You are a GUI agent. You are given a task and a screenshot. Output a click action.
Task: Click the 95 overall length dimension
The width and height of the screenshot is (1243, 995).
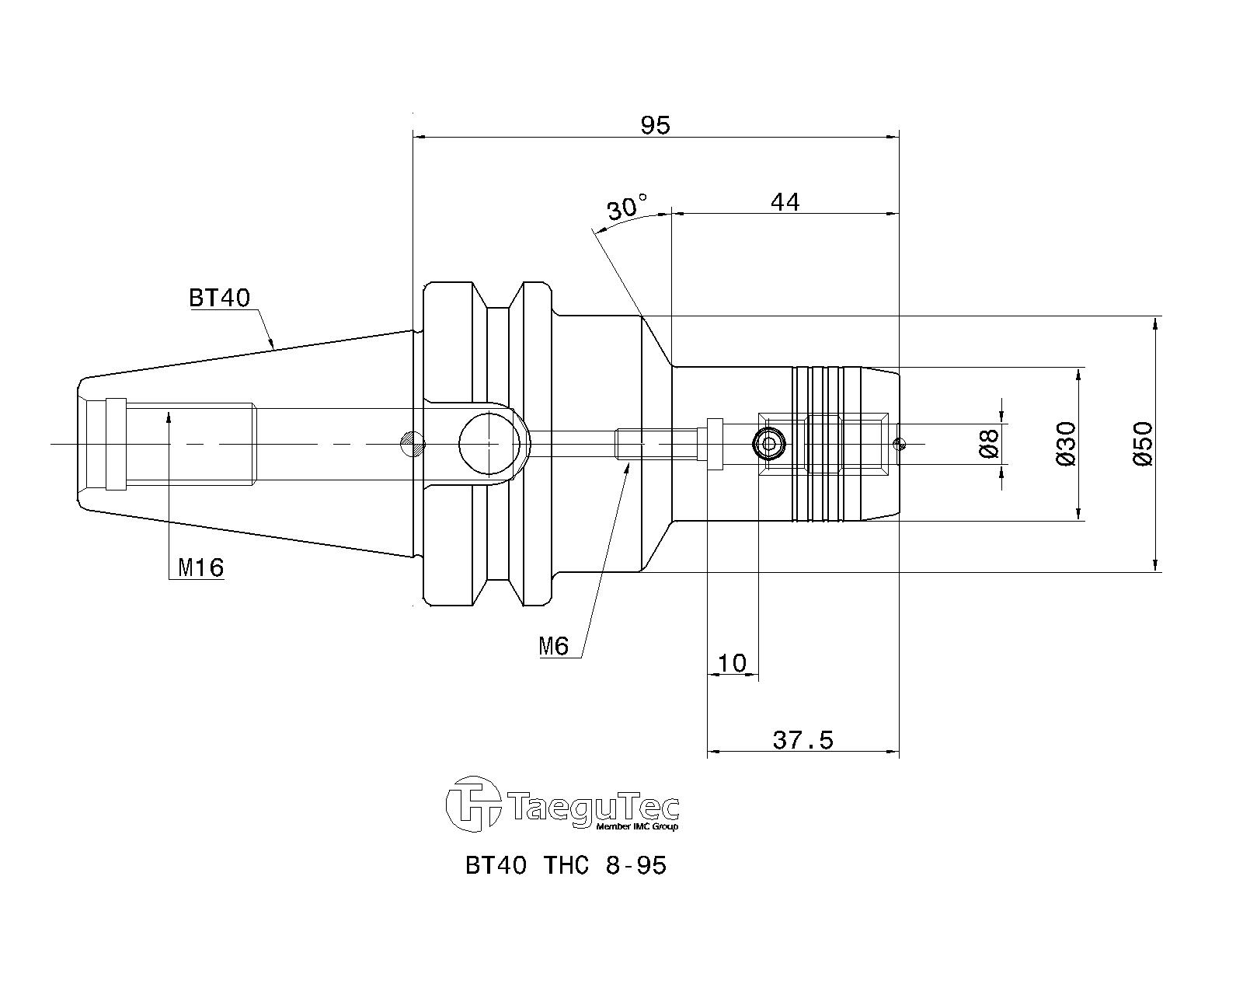pos(655,125)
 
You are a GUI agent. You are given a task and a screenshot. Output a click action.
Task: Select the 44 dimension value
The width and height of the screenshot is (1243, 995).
pos(785,202)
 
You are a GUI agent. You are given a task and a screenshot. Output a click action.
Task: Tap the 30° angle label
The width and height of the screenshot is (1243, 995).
pos(627,207)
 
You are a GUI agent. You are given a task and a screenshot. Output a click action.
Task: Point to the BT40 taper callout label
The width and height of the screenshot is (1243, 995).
pos(220,298)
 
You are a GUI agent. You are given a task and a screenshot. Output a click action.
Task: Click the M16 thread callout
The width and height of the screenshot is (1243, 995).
pos(201,567)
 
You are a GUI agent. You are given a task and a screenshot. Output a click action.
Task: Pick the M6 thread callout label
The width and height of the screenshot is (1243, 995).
pos(554,647)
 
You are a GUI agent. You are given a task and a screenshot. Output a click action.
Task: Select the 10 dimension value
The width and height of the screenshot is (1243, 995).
pos(732,663)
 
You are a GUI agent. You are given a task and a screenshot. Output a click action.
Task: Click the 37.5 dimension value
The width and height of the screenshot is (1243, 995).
pos(803,740)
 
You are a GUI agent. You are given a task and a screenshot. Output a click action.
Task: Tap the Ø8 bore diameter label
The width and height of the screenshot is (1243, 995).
pos(990,443)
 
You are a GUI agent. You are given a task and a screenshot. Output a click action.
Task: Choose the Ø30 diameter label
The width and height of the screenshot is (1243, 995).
pos(1066,443)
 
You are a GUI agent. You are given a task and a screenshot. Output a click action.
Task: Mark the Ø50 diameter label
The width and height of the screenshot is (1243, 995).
pos(1143,443)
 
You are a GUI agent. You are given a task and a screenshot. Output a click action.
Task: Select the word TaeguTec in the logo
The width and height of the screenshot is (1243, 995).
pos(595,808)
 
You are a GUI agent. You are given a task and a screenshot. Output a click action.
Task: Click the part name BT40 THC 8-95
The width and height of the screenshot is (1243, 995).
pos(566,865)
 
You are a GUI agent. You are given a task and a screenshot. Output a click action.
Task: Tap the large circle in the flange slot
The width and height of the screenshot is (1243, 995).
pos(489,444)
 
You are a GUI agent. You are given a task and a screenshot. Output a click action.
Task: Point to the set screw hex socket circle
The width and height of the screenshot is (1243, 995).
pos(769,444)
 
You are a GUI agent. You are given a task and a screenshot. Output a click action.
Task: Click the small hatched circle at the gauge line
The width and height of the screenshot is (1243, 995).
pos(413,444)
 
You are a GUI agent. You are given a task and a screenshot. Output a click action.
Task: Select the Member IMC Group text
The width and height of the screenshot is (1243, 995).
pos(637,827)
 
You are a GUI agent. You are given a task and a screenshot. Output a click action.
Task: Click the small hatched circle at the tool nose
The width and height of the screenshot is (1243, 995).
pos(899,444)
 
